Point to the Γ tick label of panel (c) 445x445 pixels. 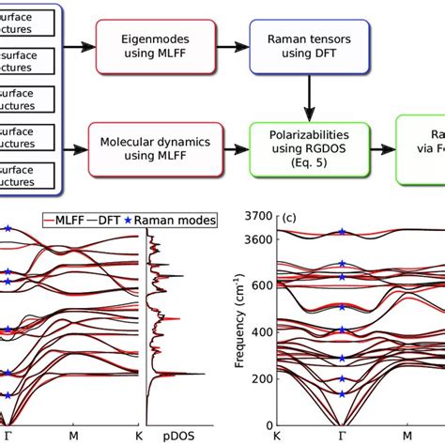[342, 437]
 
